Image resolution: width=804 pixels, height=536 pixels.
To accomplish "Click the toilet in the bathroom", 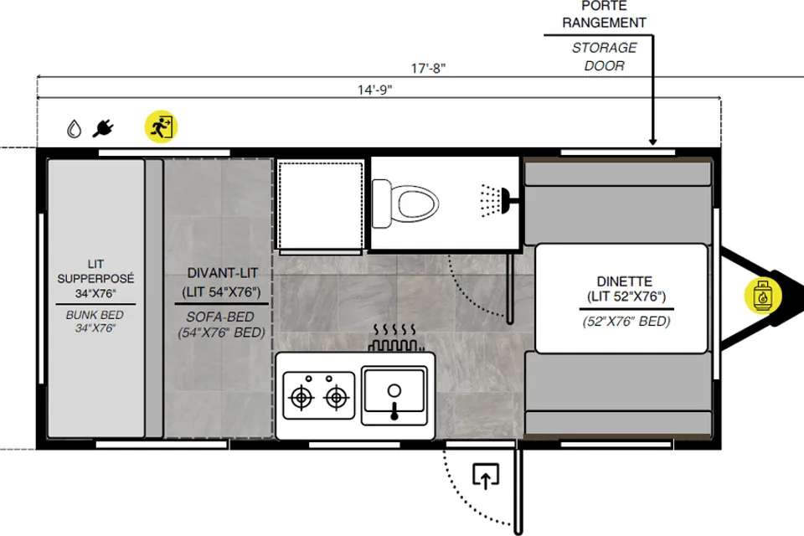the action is (405, 204).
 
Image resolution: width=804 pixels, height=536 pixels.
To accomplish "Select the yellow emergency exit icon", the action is (161, 126).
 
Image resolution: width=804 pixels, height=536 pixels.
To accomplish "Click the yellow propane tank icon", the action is (762, 296).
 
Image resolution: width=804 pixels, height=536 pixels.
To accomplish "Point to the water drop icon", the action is (75, 129).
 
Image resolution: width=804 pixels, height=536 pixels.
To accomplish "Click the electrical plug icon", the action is (103, 128).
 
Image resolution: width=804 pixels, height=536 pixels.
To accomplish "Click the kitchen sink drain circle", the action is (394, 391).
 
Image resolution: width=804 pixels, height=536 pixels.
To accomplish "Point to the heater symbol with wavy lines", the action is (395, 338).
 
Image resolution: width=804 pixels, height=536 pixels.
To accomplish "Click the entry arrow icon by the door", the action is (486, 476).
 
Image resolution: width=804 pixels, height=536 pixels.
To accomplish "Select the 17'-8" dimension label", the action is (428, 68).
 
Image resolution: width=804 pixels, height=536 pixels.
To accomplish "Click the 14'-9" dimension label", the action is (375, 90).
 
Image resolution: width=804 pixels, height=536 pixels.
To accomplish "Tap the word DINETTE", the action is (625, 281).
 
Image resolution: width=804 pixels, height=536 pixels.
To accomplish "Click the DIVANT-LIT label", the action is (222, 273).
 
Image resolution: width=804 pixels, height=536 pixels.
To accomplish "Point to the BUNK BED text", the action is (95, 315).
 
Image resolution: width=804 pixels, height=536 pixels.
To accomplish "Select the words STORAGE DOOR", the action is (604, 56).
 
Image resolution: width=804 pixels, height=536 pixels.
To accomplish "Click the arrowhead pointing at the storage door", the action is (652, 141).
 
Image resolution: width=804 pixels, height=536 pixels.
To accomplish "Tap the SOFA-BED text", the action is (220, 317).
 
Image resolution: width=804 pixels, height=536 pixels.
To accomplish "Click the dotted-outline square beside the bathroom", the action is (321, 204).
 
